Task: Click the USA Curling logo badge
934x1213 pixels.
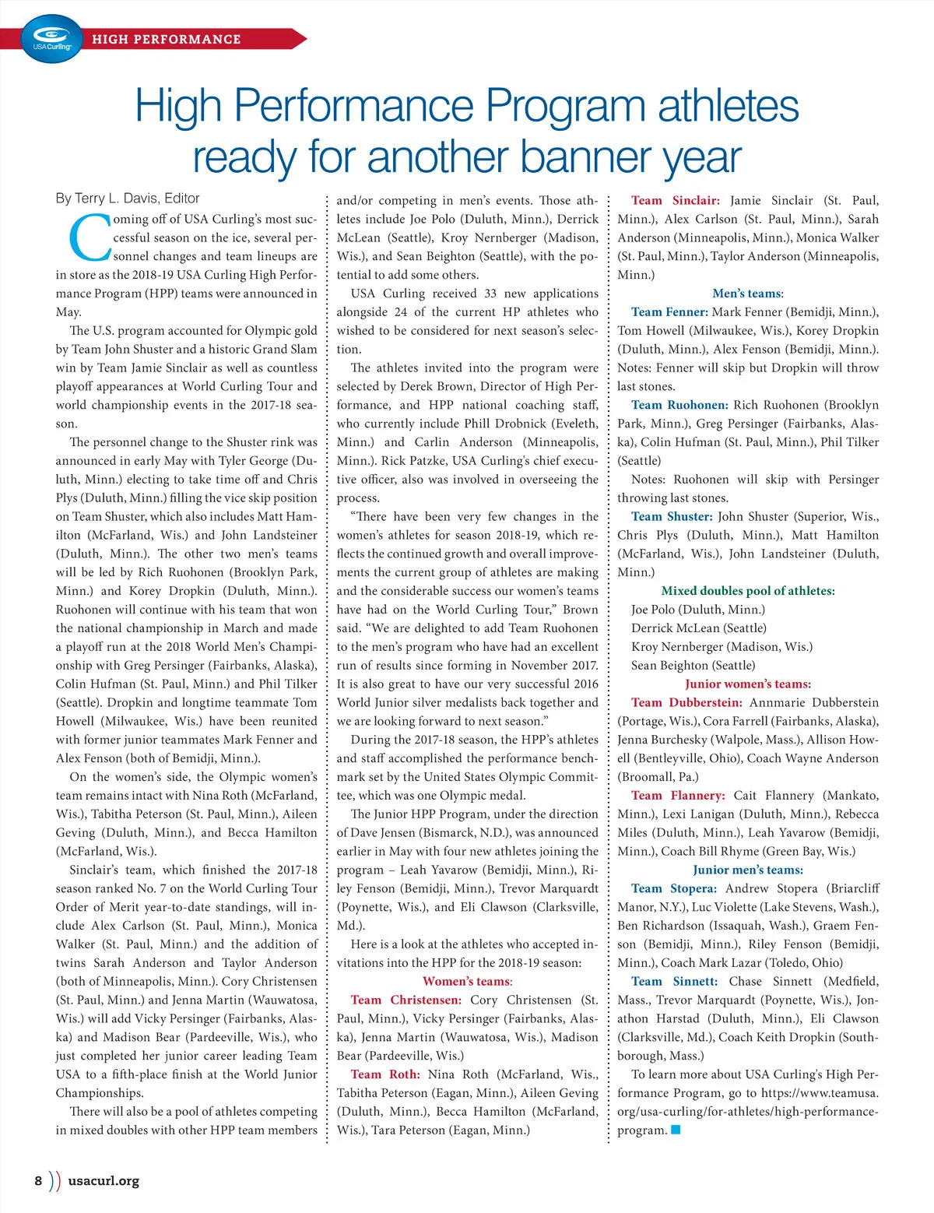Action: (52, 39)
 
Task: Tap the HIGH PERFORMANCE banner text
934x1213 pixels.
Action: (167, 39)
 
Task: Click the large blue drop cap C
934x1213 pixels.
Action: (90, 238)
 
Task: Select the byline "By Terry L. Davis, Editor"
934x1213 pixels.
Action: (128, 199)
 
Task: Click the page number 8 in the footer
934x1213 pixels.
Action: (38, 1180)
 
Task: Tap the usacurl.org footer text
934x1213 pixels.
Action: (104, 1180)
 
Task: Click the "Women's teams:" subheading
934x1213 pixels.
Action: (467, 981)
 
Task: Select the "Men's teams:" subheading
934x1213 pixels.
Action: (748, 294)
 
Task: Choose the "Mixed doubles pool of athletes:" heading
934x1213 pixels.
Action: (748, 591)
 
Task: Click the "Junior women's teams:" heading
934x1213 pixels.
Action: (748, 684)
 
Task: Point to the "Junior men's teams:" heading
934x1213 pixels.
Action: (748, 870)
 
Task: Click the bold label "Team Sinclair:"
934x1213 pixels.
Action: (676, 200)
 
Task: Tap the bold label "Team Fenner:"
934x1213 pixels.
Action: (669, 312)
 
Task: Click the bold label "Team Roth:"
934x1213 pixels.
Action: (385, 1074)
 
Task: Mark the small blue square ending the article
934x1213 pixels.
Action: (676, 1130)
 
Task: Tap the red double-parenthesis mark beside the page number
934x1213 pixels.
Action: (54, 1180)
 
